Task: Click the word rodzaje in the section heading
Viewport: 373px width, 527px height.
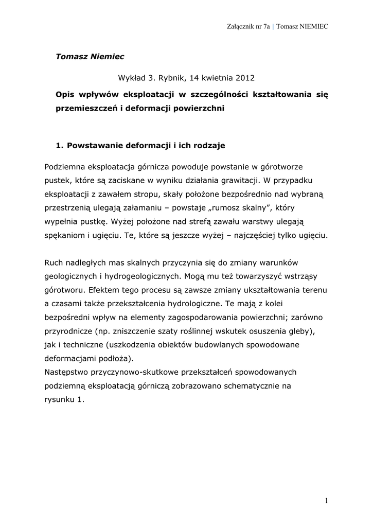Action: pos(208,146)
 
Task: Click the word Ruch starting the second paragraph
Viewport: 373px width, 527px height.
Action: pos(55,263)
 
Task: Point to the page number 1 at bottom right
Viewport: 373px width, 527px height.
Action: pos(326,500)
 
